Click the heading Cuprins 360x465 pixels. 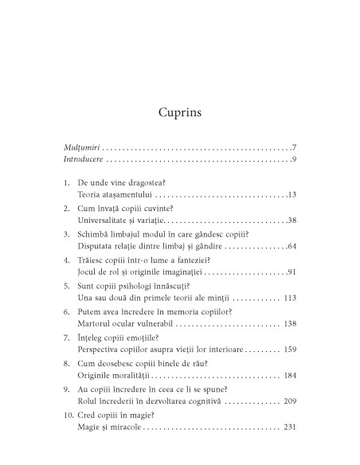pos(180,112)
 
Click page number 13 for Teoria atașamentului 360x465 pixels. pos(292,217)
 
